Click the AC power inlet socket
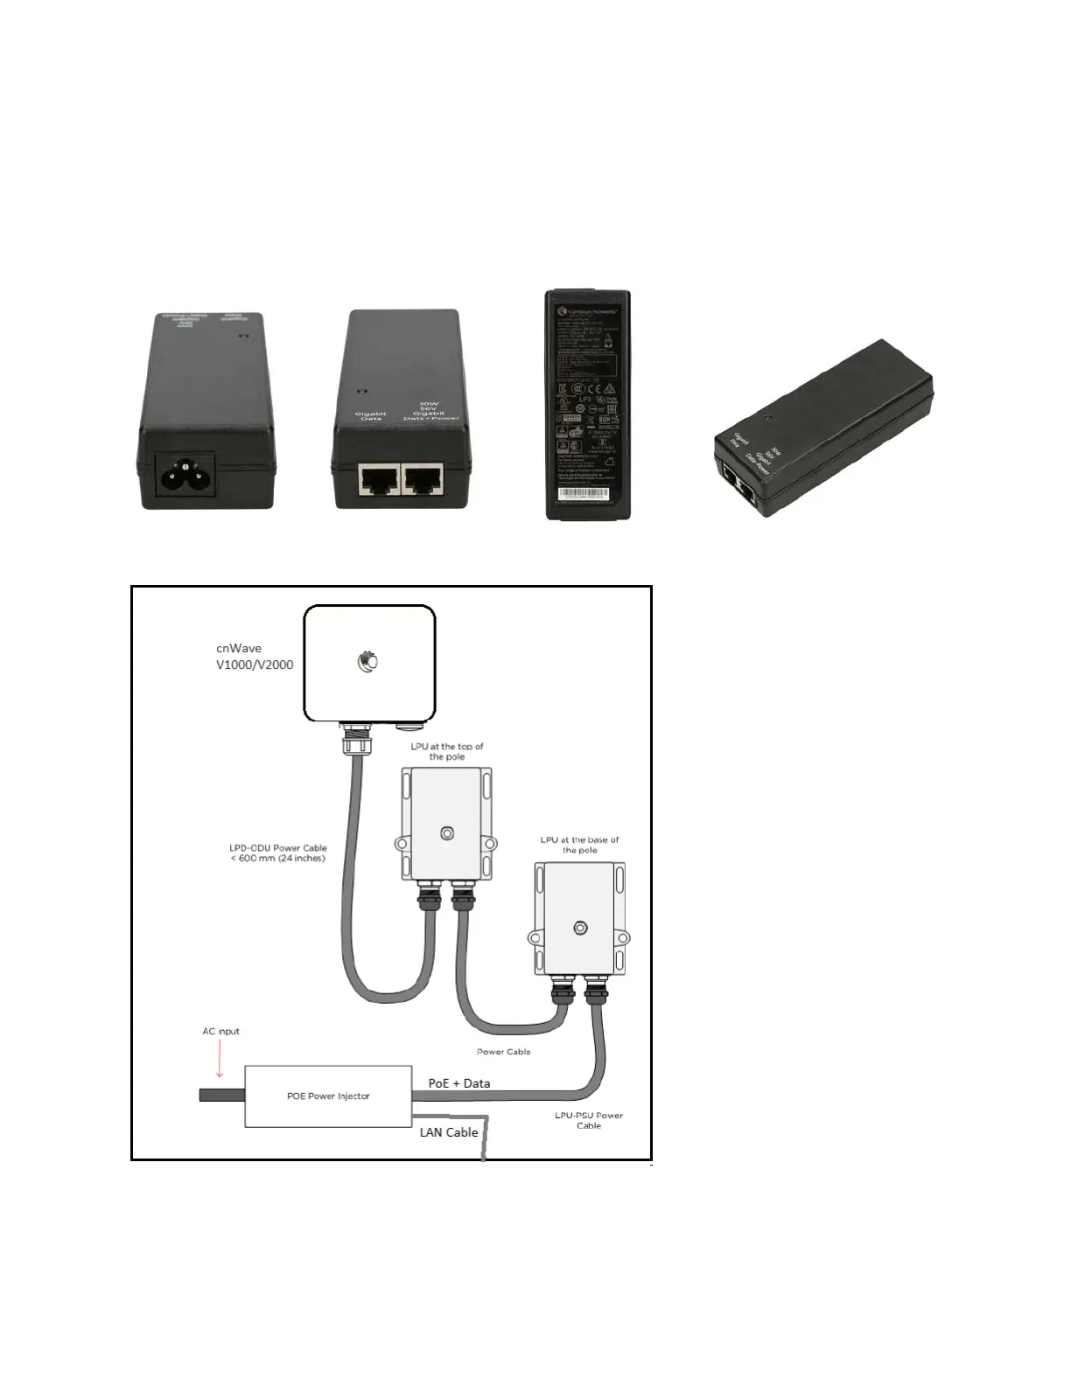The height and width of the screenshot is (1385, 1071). coord(185,477)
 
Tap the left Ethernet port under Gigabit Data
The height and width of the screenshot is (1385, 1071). coord(379,479)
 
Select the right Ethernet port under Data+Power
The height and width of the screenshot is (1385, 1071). coord(422,479)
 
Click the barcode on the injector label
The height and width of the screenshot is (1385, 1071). coord(583,493)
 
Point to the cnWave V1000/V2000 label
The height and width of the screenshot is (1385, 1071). coord(255,657)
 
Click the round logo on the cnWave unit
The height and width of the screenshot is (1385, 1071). coord(368,662)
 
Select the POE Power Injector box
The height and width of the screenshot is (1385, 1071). coord(328,1096)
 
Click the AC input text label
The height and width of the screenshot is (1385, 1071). coord(220,1032)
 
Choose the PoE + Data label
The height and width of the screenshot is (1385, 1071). coord(458,1083)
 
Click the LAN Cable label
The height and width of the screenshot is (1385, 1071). coord(449,1132)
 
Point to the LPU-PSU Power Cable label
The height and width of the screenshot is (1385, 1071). coord(589,1120)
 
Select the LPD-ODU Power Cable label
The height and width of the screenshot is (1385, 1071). coord(278,853)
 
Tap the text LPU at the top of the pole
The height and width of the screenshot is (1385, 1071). coord(447,751)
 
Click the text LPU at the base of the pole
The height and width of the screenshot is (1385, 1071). coord(579,845)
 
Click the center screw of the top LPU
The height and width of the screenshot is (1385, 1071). coord(447,833)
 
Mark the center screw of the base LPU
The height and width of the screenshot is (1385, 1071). coord(579,928)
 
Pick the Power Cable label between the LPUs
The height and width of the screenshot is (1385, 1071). coord(503,1052)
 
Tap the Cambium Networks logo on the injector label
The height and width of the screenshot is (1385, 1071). coord(564,310)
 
